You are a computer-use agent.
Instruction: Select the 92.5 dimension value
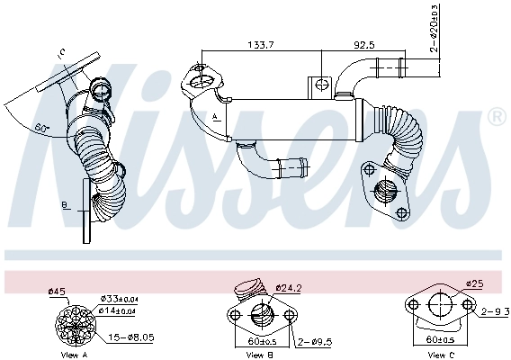coord(364,43)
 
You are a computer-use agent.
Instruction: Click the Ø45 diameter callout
coord(56,290)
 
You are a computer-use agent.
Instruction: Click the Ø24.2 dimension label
coord(290,289)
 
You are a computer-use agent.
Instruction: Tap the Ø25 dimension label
coord(477,283)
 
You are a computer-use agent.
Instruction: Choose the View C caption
coord(440,355)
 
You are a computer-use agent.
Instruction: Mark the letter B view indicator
coord(64,205)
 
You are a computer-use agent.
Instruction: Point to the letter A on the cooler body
coord(216,117)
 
